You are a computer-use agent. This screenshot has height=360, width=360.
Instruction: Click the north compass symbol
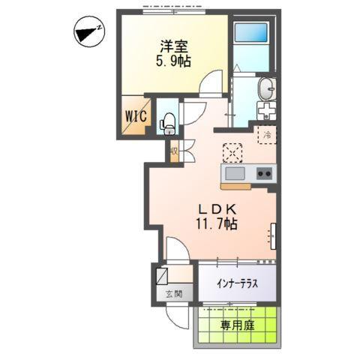tap(89, 32)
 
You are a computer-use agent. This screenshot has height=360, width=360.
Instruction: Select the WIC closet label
tap(136, 117)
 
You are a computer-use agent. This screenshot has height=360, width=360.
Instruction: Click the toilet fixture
tap(168, 120)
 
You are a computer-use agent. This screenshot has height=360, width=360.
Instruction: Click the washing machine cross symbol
tap(267, 111)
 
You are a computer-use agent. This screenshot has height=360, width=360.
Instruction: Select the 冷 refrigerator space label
tap(266, 136)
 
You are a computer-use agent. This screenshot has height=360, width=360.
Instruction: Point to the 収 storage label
tap(174, 151)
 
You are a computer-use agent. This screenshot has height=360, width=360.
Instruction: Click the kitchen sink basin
tap(235, 174)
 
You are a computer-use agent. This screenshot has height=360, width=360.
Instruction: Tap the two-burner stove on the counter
tap(264, 174)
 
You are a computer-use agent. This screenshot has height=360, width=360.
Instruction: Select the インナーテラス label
tap(237, 283)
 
